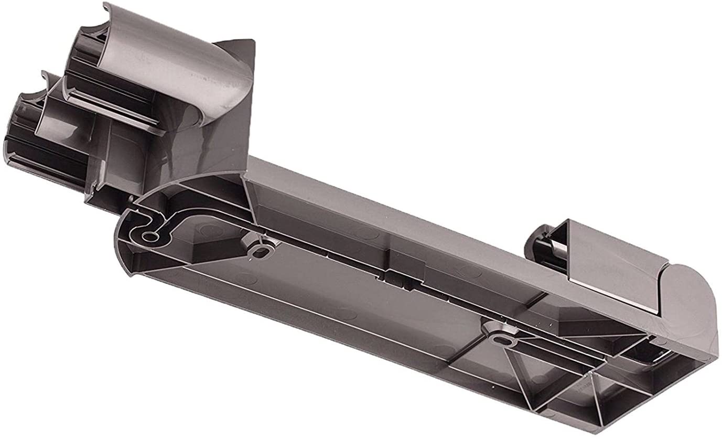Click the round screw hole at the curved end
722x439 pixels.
point(149,237)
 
